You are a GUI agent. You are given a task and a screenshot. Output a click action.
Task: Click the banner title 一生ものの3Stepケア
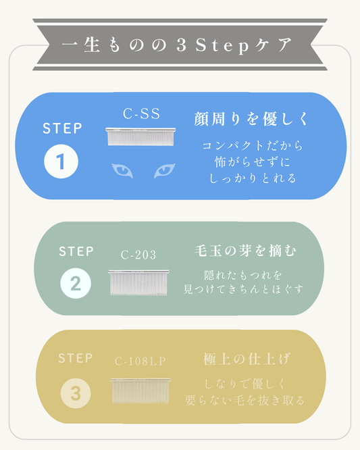[177, 45]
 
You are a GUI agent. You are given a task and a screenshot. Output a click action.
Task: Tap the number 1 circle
[61, 161]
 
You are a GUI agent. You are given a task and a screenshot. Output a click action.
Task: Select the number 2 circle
[76, 283]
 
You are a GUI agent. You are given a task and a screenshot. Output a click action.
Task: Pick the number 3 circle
[76, 393]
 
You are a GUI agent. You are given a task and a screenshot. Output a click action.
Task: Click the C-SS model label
[141, 114]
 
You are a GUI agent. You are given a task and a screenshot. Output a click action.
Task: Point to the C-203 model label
[138, 255]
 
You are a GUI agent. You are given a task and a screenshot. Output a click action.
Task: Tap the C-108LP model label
[140, 361]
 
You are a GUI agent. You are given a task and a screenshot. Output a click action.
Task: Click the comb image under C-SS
[140, 136]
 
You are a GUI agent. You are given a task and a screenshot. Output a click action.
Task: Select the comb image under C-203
[138, 282]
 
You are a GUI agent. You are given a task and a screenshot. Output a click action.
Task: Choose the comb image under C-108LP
[140, 391]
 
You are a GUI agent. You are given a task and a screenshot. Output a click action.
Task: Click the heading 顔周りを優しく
[251, 119]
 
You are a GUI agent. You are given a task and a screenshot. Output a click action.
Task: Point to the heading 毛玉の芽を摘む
[246, 251]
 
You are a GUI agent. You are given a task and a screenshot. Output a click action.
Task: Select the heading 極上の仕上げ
[247, 359]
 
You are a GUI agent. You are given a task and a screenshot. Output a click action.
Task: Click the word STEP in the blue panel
[62, 128]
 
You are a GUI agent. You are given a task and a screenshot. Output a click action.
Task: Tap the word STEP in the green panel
[76, 251]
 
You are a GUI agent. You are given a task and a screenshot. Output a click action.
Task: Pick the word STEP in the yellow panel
[76, 358]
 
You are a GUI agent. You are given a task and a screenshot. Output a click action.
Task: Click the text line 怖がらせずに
[253, 162]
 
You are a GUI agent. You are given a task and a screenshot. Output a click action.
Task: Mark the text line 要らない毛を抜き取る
[245, 400]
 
